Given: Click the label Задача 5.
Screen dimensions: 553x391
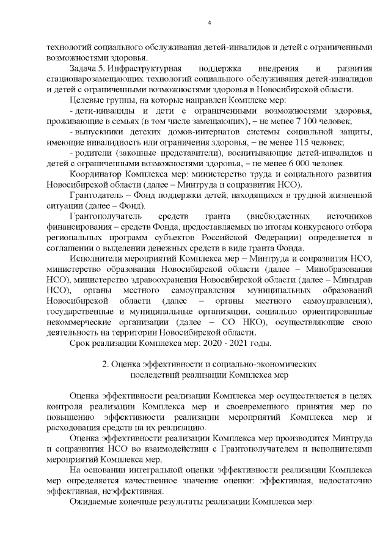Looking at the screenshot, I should coord(87,66).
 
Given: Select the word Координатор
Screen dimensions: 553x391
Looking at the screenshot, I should coord(93,175).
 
